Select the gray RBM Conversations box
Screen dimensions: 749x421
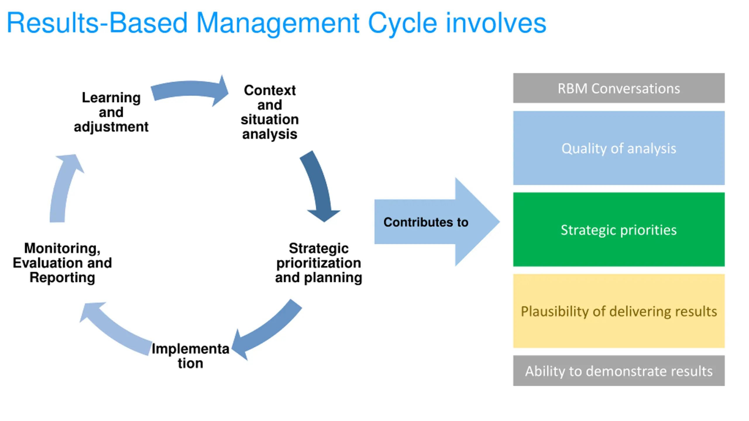pos(619,88)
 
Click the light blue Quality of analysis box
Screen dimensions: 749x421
pos(619,148)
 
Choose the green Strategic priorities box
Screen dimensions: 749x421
pos(619,230)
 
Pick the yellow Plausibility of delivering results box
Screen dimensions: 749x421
pos(619,311)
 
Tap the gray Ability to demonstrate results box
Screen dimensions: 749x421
pos(619,370)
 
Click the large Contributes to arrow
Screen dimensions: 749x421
pos(437,222)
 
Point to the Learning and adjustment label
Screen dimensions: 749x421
pos(111,112)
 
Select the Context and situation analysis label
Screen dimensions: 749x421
pos(270,112)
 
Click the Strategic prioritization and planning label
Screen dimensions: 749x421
pos(319,263)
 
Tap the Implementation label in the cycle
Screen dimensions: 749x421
pos(190,356)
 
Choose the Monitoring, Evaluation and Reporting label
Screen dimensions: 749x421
pos(62,263)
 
